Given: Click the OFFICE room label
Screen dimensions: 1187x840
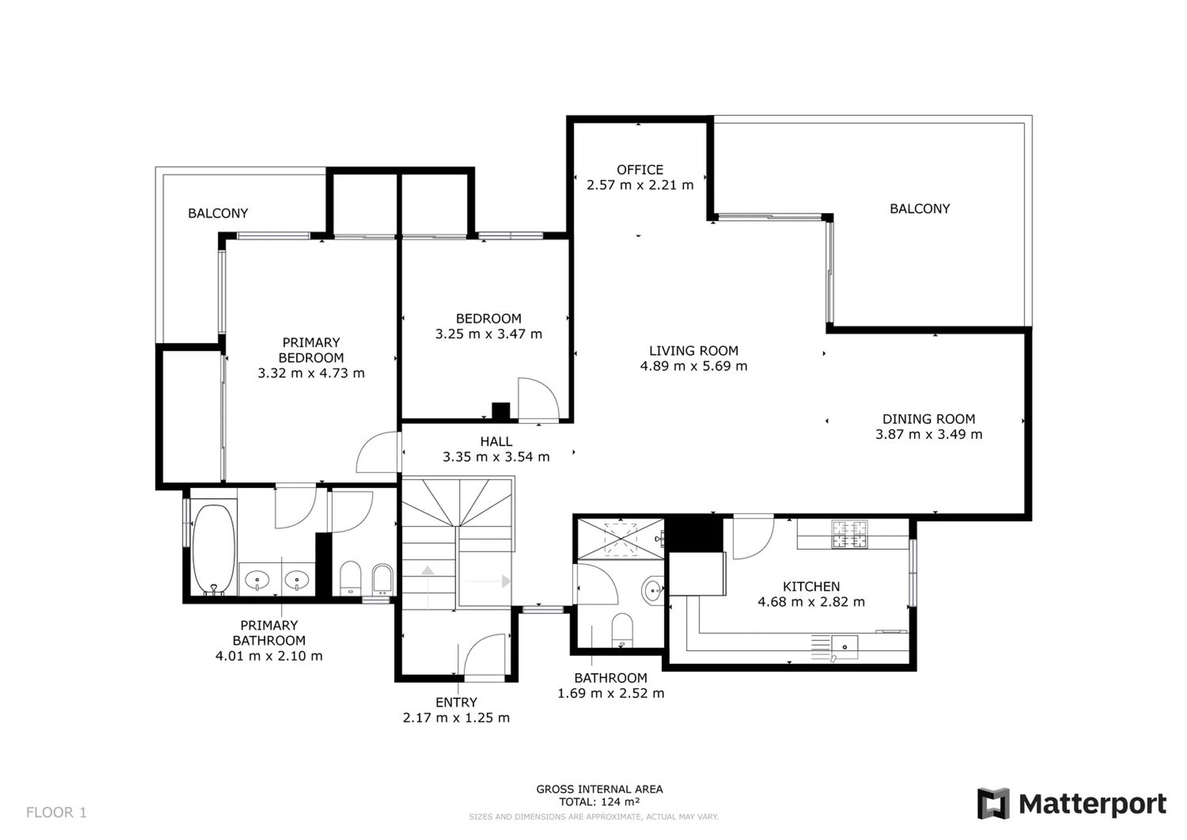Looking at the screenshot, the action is coord(640,170).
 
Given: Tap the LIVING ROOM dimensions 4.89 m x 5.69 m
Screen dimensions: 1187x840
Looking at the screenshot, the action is coord(693,366).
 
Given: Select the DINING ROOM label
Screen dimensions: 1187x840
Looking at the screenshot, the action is coord(928,419).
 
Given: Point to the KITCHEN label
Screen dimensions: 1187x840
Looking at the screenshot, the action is coord(811,586).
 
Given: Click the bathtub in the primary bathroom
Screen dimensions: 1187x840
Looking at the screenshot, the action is coord(214,549).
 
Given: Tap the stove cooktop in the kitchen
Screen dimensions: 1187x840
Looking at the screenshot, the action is coord(849,534).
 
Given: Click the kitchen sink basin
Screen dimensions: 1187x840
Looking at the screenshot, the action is coord(844,647).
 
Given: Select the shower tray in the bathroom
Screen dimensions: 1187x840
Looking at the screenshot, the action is coord(620,539).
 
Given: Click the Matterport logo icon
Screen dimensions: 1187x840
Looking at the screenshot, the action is coord(993,804).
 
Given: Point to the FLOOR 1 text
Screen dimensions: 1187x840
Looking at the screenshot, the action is coord(57,813).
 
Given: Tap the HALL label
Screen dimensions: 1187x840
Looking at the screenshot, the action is coord(496,442).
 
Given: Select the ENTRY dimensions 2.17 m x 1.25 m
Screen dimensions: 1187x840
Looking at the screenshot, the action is coord(456,718).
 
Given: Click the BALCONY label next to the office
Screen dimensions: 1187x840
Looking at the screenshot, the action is coord(919,209).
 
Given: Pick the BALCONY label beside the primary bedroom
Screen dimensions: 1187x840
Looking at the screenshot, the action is coord(218,213).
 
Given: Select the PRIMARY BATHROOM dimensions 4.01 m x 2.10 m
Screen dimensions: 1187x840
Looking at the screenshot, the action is coord(269,656).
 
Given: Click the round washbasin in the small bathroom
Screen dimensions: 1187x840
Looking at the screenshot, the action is coord(652,590).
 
